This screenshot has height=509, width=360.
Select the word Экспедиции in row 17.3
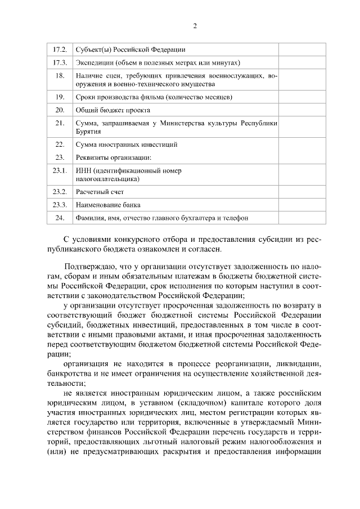pos(92,62)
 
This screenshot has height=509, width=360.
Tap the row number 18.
pos(60,75)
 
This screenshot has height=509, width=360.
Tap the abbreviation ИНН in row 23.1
pos(84,170)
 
